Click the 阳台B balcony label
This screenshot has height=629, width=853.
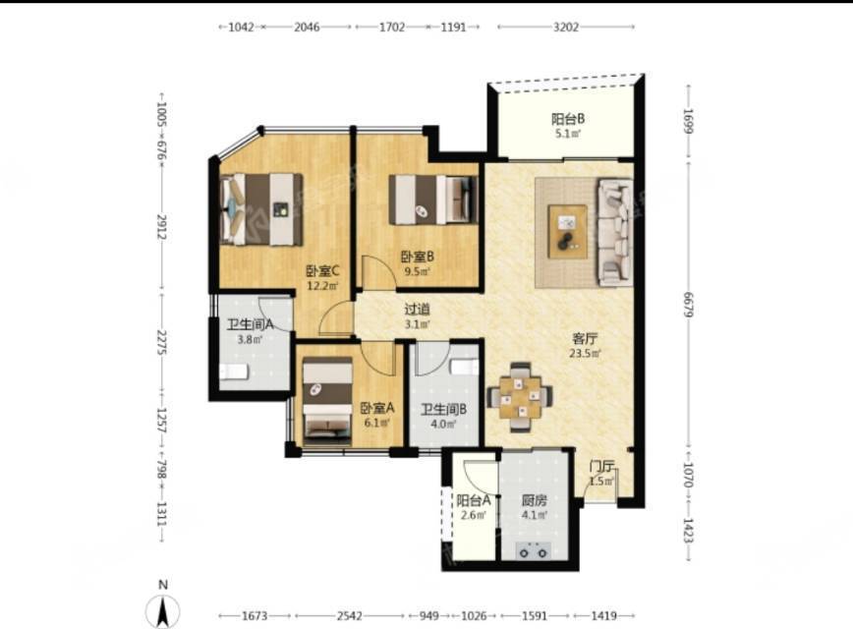568,119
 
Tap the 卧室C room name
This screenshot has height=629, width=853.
323,270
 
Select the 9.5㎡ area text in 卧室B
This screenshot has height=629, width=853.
417,271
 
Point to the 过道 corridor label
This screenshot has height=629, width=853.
418,309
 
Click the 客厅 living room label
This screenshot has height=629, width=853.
585,338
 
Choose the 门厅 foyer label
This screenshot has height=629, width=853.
602,466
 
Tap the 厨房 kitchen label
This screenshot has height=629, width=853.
535,500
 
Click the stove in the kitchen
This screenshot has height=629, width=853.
533,550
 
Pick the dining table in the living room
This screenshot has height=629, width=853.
521,397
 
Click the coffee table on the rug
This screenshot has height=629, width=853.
567,231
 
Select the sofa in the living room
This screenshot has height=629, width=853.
615,232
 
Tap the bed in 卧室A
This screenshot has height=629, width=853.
327,401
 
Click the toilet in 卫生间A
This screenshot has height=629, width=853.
234,372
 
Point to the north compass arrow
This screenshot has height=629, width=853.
163,610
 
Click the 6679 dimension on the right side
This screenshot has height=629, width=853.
689,306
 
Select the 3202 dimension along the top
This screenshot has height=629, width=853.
566,27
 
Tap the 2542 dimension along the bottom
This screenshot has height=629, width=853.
349,615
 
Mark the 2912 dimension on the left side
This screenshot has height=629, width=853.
161,227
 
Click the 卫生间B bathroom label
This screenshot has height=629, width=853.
443,409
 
